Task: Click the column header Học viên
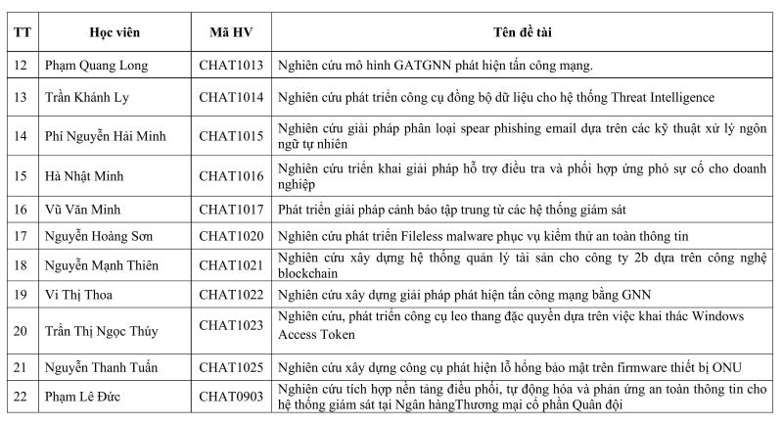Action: [115, 32]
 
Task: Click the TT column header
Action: [22, 32]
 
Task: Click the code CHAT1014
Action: [231, 98]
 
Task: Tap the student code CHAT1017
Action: [231, 209]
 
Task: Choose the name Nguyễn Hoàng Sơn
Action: [100, 236]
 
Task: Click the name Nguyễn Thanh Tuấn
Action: [104, 367]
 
